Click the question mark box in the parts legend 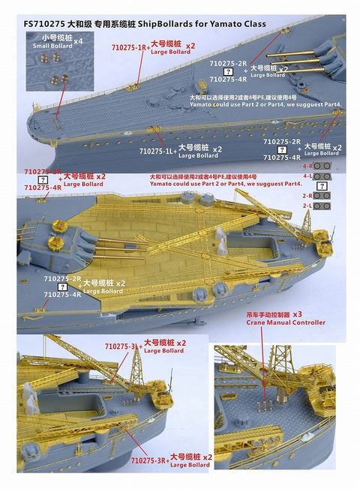(322, 184)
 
